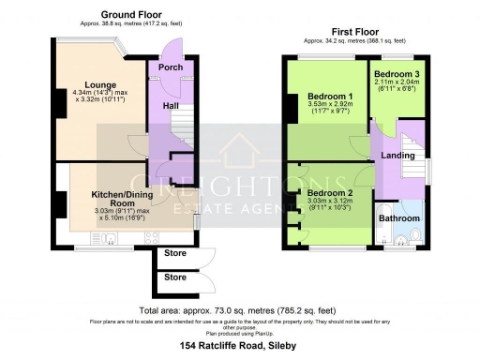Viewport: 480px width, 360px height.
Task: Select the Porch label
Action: (170, 67)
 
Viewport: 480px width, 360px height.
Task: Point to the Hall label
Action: (172, 106)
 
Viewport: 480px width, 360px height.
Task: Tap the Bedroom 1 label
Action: (330, 97)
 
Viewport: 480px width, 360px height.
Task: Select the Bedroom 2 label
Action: (330, 194)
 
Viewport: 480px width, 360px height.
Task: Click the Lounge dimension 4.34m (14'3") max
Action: (97, 92)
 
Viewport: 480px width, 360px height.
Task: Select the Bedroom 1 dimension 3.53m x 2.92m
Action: (330, 106)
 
